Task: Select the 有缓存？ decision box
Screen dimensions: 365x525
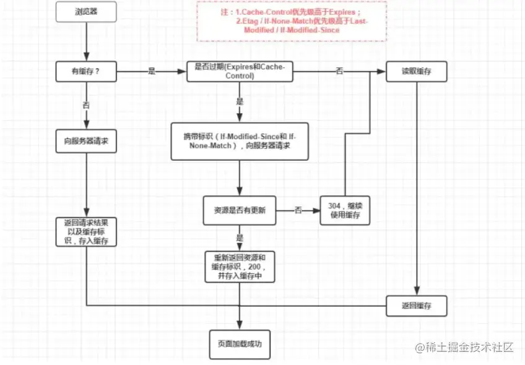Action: (x=86, y=72)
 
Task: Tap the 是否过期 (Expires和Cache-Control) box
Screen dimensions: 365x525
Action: (x=239, y=72)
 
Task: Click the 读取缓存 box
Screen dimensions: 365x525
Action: (x=417, y=72)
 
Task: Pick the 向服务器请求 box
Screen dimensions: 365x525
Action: (x=86, y=141)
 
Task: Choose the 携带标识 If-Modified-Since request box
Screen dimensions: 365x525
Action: (x=240, y=141)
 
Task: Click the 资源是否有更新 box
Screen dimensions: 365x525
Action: (x=240, y=210)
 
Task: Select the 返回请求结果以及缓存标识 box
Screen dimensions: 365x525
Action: (x=86, y=231)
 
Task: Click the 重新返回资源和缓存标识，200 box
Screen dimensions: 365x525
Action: (x=239, y=267)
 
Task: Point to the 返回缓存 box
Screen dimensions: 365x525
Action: (x=417, y=306)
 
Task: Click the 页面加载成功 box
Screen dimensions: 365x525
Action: (x=240, y=342)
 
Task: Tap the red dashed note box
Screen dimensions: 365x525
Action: (x=292, y=21)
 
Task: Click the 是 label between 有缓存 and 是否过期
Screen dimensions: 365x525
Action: (x=152, y=72)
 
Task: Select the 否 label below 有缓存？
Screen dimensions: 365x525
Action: (x=86, y=105)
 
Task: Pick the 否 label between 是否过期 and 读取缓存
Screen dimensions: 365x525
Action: (x=339, y=72)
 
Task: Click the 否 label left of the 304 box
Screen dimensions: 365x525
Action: (x=298, y=210)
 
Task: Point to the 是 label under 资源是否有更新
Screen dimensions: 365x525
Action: (x=240, y=237)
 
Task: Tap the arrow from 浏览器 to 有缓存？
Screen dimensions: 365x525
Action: (x=86, y=41)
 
